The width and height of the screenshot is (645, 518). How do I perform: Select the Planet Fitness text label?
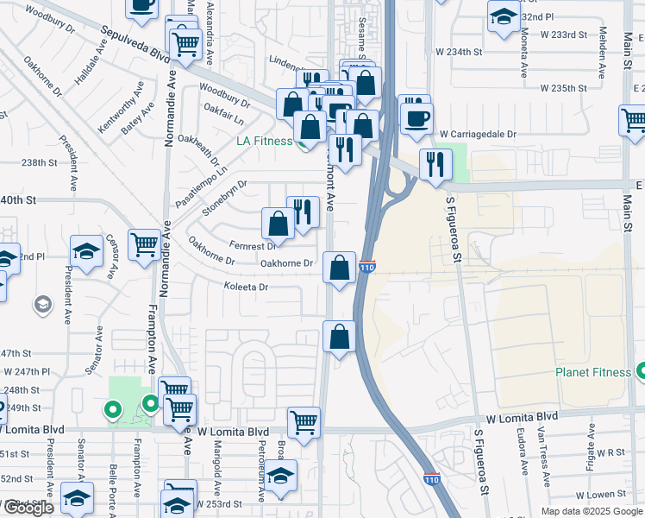pyautogui.click(x=592, y=373)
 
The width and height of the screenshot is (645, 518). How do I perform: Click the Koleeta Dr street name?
pyautogui.click(x=247, y=287)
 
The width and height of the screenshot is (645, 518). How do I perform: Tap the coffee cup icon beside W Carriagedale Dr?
pyautogui.click(x=416, y=117)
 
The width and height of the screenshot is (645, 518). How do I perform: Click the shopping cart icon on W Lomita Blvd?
pyautogui.click(x=304, y=422)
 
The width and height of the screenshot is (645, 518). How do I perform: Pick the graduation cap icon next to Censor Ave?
pyautogui.click(x=87, y=251)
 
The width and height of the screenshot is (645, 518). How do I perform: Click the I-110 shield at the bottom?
pyautogui.click(x=433, y=478)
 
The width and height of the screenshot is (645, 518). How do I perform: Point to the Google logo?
pyautogui.click(x=28, y=508)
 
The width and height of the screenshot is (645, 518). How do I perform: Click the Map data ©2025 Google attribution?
pyautogui.click(x=591, y=510)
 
